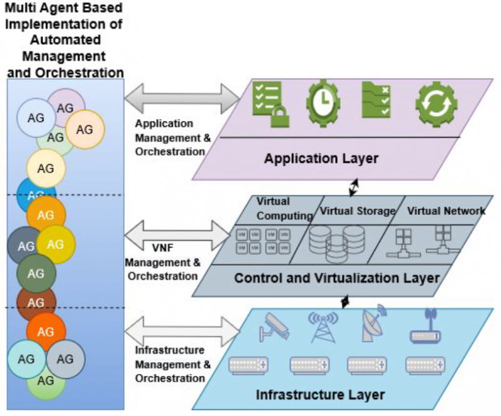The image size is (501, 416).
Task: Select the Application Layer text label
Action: [x=321, y=159]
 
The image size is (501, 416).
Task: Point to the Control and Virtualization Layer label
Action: [x=336, y=278]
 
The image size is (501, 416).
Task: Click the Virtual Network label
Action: [x=446, y=211]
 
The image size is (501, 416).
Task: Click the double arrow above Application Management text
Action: [x=182, y=99]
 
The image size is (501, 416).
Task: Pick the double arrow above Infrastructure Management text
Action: [x=182, y=330]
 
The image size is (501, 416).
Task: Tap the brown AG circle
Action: [x=36, y=301]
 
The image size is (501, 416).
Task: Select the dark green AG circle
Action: [x=36, y=273]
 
